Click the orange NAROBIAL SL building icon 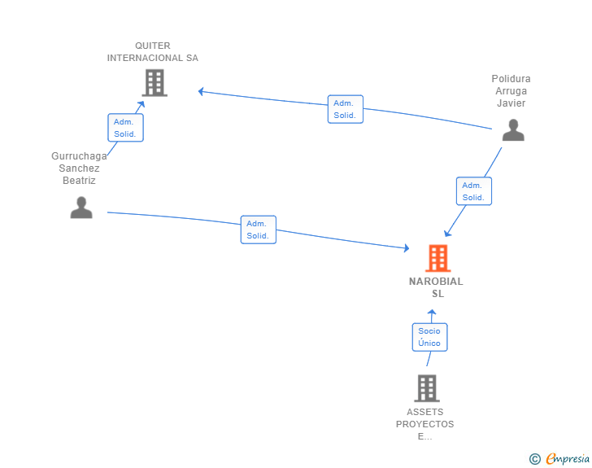pyautogui.click(x=438, y=258)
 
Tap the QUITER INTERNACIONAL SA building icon pyautogui.click(x=155, y=83)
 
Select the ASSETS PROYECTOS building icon pyautogui.click(x=427, y=388)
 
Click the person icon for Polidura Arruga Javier pyautogui.click(x=513, y=130)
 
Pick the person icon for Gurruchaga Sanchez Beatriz pyautogui.click(x=81, y=208)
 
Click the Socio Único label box pyautogui.click(x=429, y=337)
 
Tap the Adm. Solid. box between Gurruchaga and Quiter pyautogui.click(x=125, y=128)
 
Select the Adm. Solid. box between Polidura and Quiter pyautogui.click(x=346, y=109)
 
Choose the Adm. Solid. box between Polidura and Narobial pyautogui.click(x=474, y=191)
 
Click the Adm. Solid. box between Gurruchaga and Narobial pyautogui.click(x=259, y=230)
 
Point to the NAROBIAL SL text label pyautogui.click(x=436, y=287)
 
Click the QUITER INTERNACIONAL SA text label pyautogui.click(x=153, y=52)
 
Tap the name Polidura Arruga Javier pyautogui.click(x=511, y=90)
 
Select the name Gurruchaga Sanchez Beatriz pyautogui.click(x=79, y=168)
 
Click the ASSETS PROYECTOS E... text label pyautogui.click(x=424, y=424)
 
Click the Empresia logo pyautogui.click(x=568, y=458)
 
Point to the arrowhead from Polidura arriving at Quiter pyautogui.click(x=201, y=91)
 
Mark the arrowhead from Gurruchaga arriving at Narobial pyautogui.click(x=407, y=248)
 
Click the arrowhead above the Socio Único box pyautogui.click(x=432, y=313)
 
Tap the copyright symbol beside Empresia pyautogui.click(x=534, y=459)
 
